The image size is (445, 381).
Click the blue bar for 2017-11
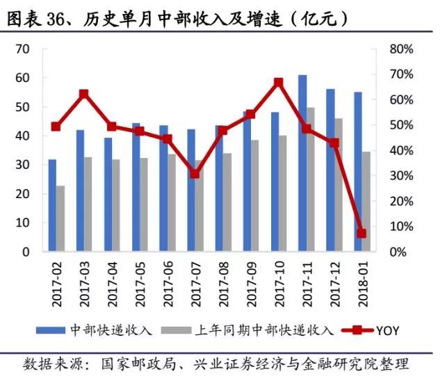(x=302, y=163)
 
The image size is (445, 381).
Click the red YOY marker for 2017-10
(x=278, y=83)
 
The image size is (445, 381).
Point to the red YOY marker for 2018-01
(x=362, y=234)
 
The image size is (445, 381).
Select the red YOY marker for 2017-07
(x=195, y=173)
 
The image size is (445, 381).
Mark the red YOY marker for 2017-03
(x=84, y=94)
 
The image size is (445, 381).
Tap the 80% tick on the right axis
(x=402, y=49)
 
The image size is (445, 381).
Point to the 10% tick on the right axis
(x=402, y=227)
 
